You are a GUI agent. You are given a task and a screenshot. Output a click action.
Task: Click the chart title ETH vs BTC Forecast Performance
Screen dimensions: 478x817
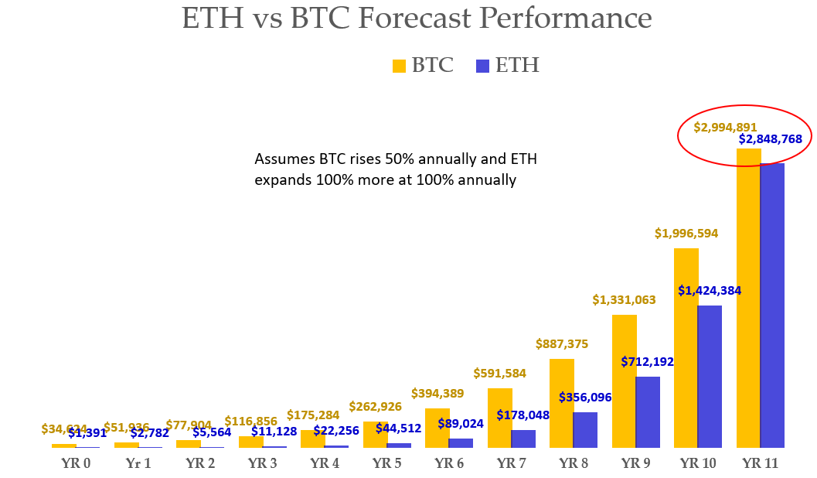coord(417,18)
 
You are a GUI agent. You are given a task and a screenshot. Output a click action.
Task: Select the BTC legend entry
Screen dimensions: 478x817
coord(423,66)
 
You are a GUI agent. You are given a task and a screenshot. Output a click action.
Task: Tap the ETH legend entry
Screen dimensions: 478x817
coord(507,66)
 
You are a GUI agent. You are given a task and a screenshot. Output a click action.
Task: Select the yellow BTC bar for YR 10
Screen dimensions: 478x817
coord(686,348)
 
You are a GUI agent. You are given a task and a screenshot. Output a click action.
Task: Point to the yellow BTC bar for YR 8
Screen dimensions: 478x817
coord(562,403)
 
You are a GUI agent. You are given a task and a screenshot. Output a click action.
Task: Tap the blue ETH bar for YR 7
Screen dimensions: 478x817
coord(523,439)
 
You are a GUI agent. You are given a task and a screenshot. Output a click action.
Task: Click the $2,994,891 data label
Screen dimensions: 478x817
coord(725,128)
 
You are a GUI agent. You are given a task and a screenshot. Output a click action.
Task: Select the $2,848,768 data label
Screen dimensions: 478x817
coord(771,139)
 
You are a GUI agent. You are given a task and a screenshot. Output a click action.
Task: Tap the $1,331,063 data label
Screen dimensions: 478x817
coord(625,300)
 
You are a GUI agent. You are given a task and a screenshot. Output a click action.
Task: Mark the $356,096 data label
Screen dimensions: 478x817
coord(585,398)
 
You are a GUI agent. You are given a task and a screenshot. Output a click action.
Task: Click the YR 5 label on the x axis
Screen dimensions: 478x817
coord(387,464)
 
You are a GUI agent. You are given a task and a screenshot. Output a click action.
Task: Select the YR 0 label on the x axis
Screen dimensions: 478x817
coord(76,464)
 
